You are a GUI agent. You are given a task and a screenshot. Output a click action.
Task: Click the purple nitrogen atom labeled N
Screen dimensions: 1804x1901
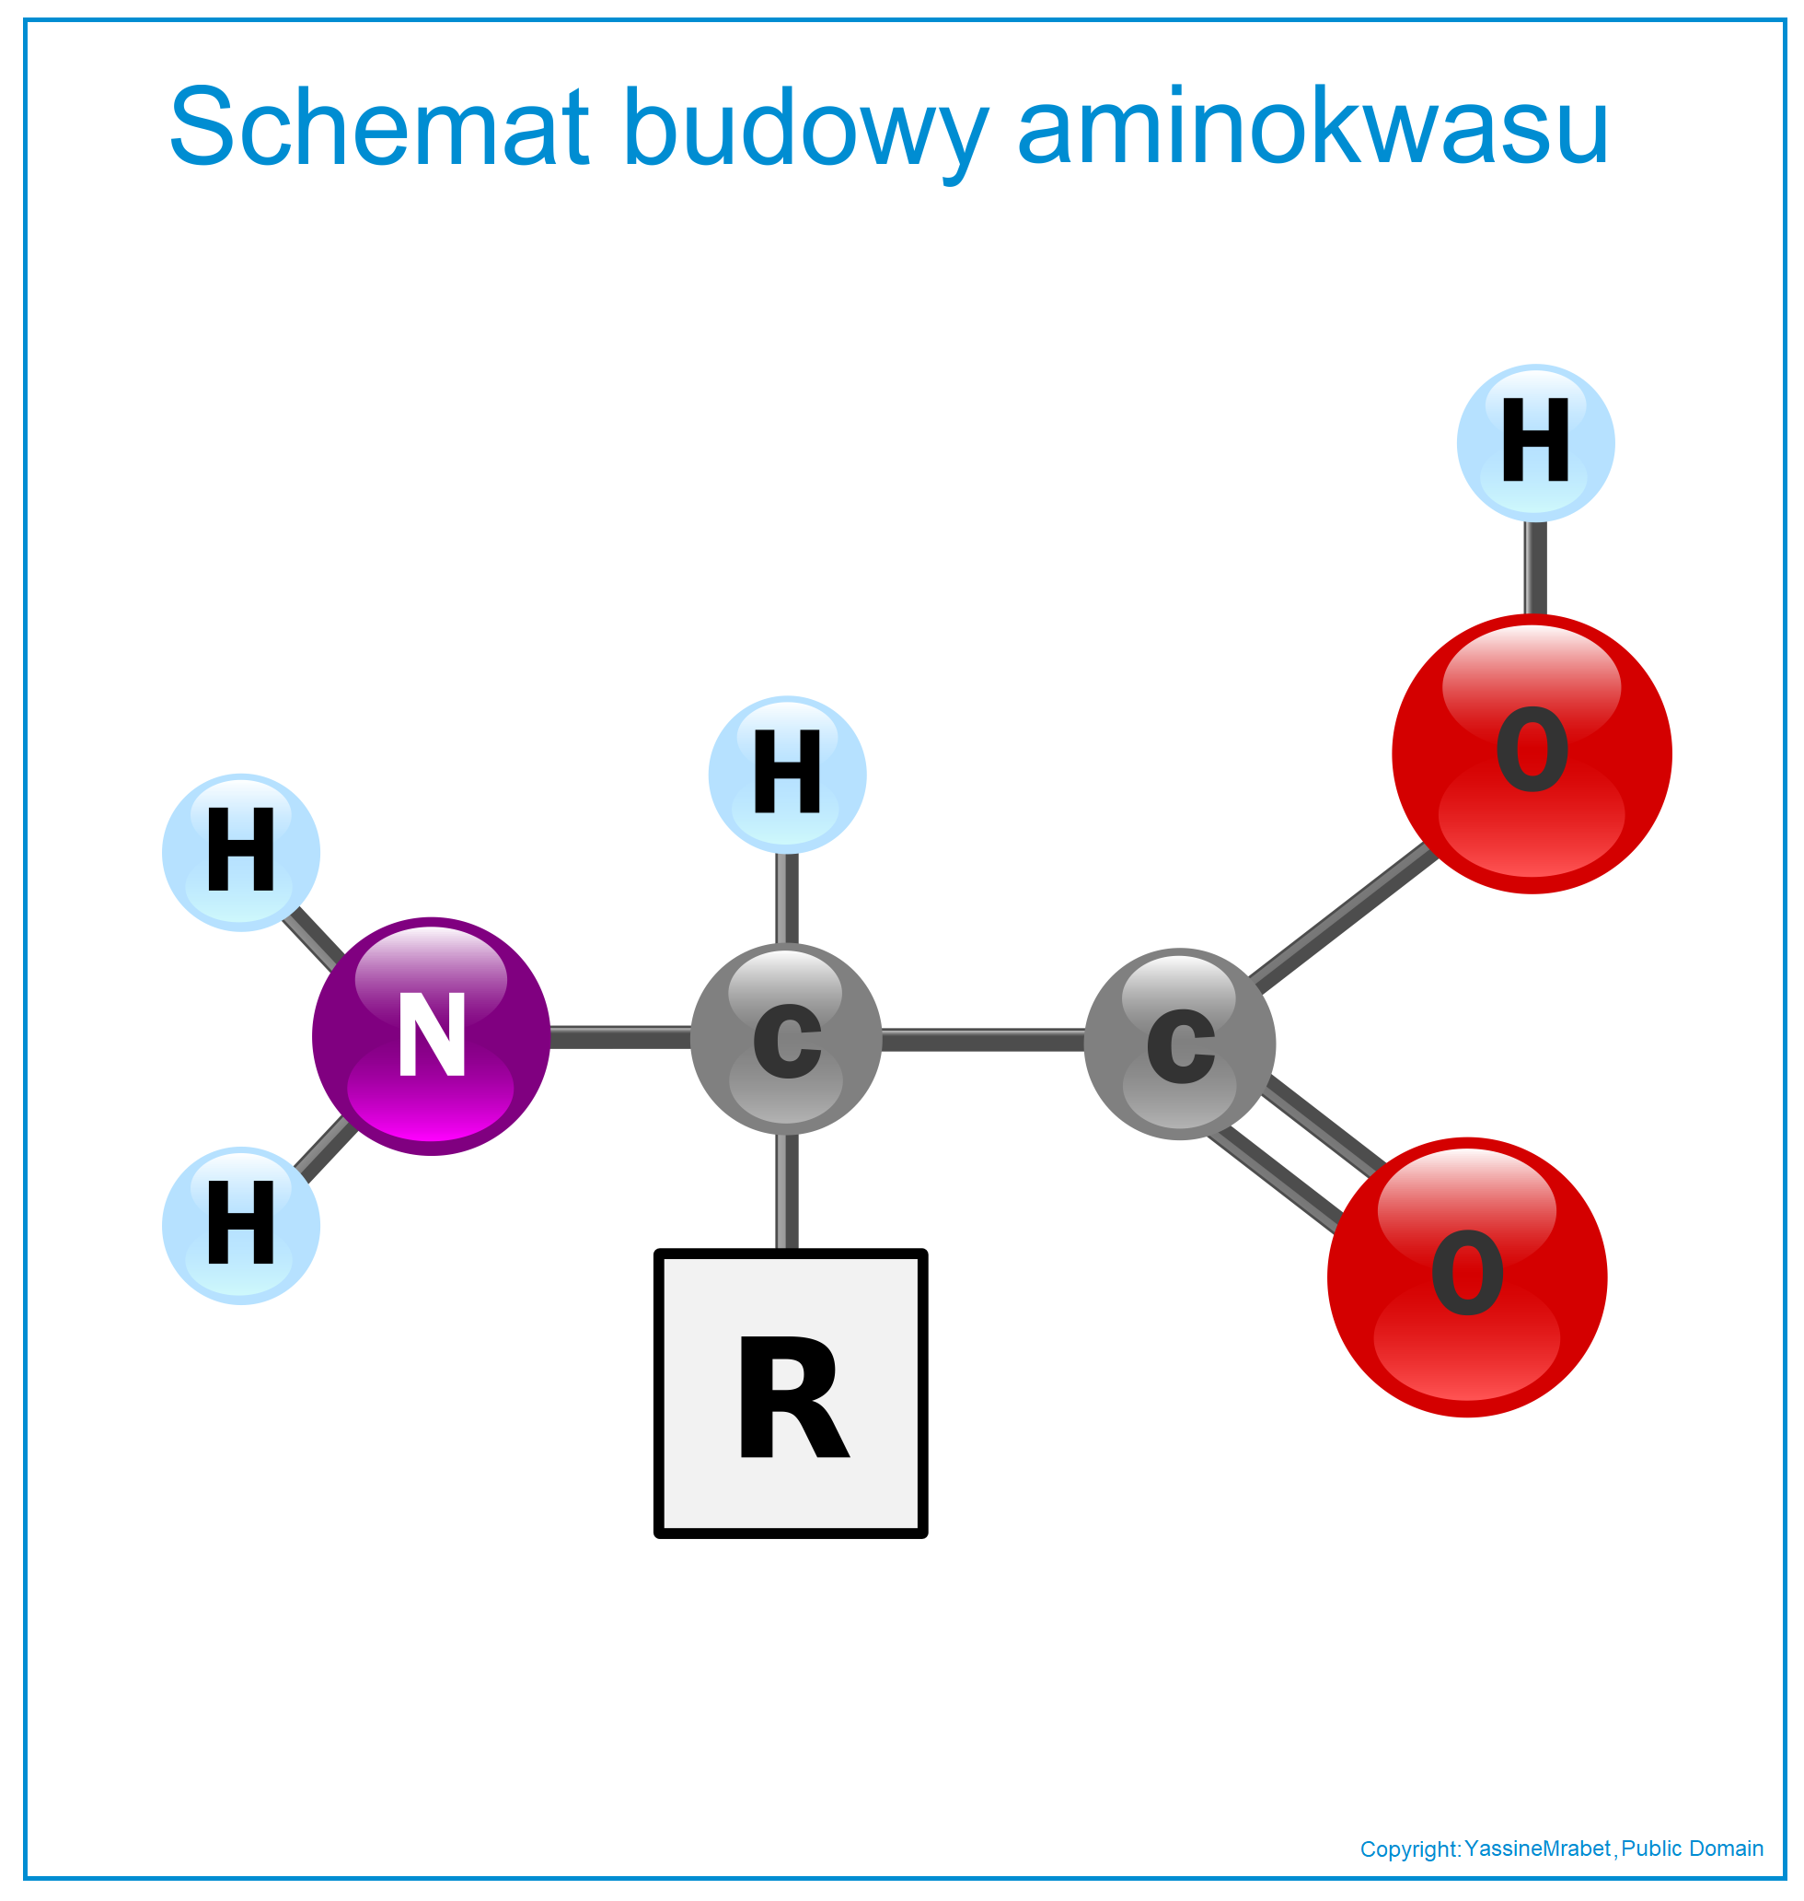(431, 1036)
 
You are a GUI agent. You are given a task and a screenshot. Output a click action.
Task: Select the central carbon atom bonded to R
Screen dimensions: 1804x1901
(787, 1039)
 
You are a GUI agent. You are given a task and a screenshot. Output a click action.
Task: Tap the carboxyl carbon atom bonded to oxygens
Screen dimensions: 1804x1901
(1180, 1044)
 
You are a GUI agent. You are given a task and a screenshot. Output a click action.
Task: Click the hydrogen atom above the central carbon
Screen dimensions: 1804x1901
(788, 775)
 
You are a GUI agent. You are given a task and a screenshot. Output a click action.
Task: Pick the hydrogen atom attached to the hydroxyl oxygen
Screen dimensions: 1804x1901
(1536, 444)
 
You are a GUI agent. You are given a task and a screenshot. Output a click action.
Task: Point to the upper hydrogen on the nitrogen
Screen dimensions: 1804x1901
(241, 852)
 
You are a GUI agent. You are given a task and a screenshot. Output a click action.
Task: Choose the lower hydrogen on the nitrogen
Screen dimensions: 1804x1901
(241, 1226)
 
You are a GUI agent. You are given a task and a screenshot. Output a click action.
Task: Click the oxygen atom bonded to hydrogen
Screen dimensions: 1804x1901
(1532, 753)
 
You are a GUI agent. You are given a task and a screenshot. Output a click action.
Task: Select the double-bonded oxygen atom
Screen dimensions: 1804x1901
(1467, 1277)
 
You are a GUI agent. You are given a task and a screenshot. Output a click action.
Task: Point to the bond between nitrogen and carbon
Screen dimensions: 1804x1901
(620, 1037)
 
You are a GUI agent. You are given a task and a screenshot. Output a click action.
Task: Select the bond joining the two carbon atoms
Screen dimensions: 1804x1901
(983, 1040)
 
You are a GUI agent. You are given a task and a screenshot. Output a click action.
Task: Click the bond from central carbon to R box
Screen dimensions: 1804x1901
(787, 1192)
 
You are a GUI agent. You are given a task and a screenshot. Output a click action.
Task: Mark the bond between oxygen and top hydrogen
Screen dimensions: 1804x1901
(1536, 567)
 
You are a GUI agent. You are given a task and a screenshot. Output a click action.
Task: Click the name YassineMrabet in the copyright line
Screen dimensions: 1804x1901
(1538, 1849)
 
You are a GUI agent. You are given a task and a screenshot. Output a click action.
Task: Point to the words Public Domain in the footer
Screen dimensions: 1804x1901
(1693, 1849)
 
